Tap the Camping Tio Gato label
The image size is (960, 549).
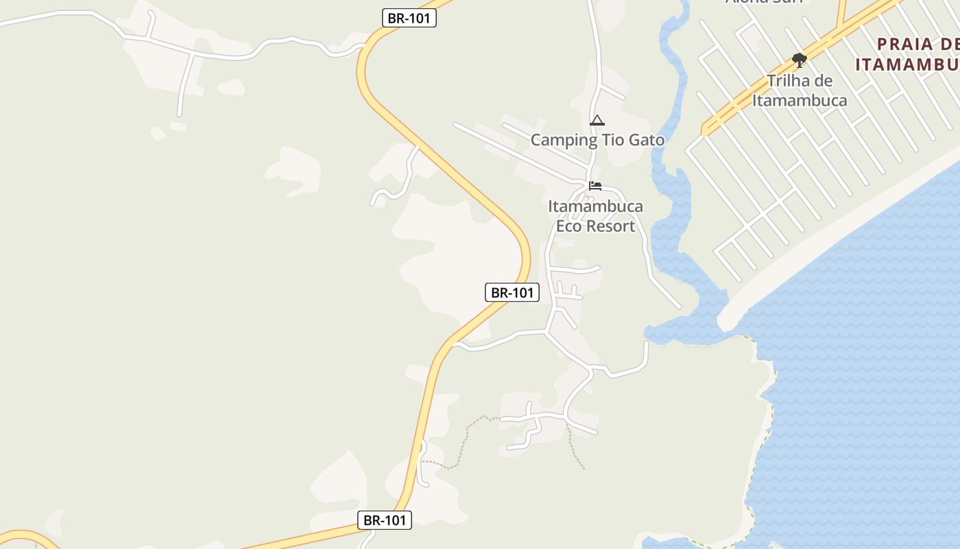(x=597, y=140)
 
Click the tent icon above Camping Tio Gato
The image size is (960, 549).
(x=597, y=121)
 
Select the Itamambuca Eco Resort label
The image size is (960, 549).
(x=595, y=216)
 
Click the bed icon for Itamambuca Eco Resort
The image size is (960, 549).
(x=595, y=186)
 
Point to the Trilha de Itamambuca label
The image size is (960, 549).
(x=800, y=91)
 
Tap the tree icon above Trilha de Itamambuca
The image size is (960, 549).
(x=799, y=60)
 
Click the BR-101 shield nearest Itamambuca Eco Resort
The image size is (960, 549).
(x=512, y=292)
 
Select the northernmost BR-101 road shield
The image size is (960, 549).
(x=409, y=18)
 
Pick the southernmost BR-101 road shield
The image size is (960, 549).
(x=385, y=520)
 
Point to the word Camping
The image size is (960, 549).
(x=564, y=141)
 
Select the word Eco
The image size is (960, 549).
(x=568, y=226)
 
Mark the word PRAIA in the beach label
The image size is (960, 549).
(x=905, y=45)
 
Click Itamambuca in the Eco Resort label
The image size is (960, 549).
(x=595, y=207)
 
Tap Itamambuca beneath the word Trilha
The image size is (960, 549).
(x=800, y=100)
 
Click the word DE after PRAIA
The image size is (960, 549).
(x=950, y=45)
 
